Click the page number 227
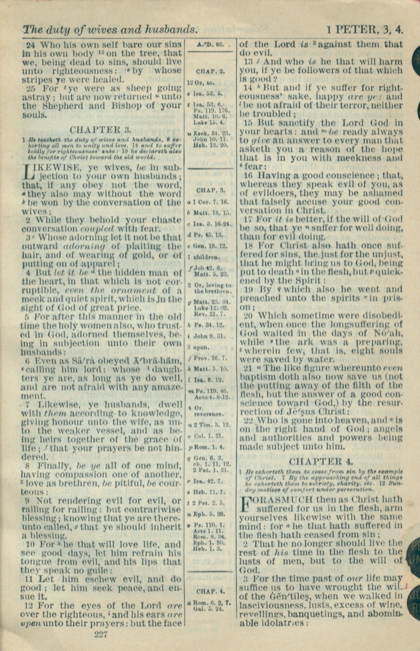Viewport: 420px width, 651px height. (101, 635)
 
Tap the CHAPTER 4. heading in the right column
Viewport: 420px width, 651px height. (321, 461)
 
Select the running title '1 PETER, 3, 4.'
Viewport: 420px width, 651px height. (365, 30)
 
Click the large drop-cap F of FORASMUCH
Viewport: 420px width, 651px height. (245, 503)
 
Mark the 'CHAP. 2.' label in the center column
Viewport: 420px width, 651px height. (211, 71)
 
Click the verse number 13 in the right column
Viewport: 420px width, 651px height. (248, 62)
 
